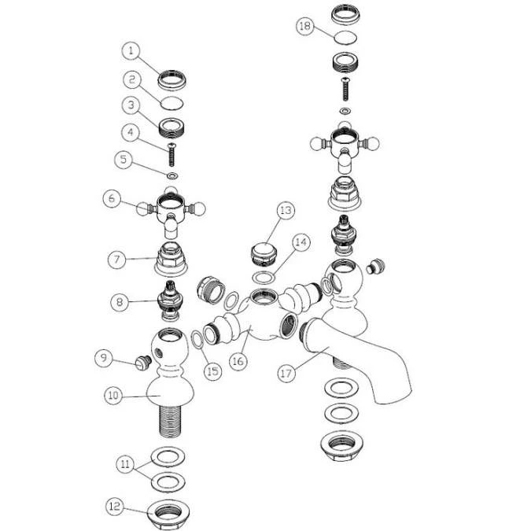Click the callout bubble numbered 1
tap(131, 51)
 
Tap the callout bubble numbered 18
tap(305, 26)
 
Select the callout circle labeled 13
tap(286, 210)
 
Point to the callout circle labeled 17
tap(286, 373)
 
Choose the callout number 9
tap(104, 358)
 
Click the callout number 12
tap(115, 507)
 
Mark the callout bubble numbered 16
tap(238, 361)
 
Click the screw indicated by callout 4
tap(171, 155)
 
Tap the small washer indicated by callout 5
tap(173, 175)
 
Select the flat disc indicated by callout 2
tap(172, 103)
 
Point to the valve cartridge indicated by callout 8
tap(171, 301)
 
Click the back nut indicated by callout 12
tap(168, 515)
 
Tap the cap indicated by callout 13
tap(264, 253)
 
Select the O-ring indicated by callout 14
tap(264, 278)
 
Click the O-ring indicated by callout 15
tap(197, 340)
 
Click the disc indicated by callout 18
tap(345, 37)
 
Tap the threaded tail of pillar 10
tap(170, 421)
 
